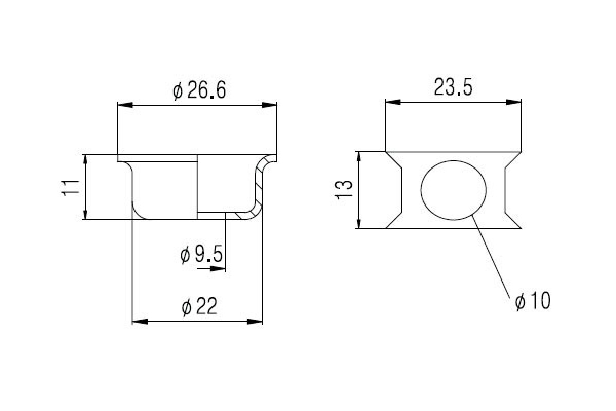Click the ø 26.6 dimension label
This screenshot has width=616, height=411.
[x=199, y=90]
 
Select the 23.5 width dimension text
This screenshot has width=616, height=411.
[x=453, y=87]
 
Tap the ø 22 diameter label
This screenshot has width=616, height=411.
[x=199, y=306]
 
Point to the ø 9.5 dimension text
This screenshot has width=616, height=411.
[x=201, y=254]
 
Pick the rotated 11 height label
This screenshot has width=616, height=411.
[x=70, y=188]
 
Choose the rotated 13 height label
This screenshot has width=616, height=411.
[x=343, y=190]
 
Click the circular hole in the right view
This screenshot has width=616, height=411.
[x=453, y=190]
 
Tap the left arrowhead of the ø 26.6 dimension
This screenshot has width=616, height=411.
[x=125, y=105]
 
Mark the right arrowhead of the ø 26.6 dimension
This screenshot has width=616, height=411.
[x=269, y=105]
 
